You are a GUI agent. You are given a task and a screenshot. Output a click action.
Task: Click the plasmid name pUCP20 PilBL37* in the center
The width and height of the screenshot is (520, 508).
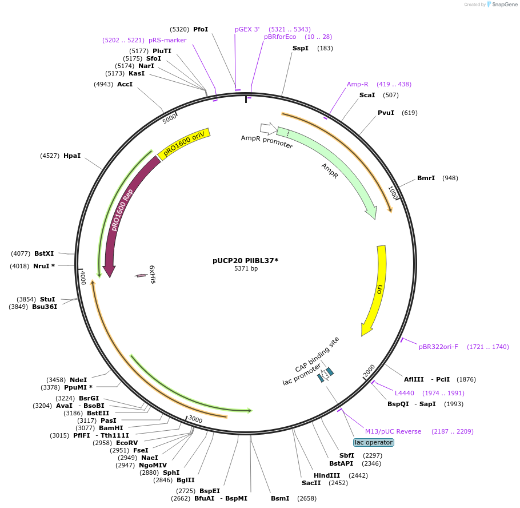point(245,260)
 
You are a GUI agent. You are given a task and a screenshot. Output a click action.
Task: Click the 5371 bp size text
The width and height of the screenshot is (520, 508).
point(246,268)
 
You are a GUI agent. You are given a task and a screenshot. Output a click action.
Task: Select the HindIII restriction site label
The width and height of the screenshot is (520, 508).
point(327,475)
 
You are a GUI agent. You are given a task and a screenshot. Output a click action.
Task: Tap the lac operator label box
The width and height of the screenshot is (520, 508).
point(374,442)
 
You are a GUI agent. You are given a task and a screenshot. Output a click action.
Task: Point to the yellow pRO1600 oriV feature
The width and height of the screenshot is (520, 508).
point(183,144)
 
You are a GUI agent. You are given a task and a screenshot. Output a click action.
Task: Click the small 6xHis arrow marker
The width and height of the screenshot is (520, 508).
point(141,276)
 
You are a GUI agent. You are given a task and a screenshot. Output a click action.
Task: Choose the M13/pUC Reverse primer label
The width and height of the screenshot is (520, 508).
point(393,431)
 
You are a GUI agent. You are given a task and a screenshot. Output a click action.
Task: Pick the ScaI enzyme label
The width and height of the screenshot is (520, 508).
point(367,95)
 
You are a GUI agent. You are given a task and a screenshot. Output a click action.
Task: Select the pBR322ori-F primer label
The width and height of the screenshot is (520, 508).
point(438,347)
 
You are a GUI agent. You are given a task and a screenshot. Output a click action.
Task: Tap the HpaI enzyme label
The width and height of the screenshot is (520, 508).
point(72,156)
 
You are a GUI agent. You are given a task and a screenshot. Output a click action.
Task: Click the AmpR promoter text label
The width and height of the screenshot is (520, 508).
point(267,142)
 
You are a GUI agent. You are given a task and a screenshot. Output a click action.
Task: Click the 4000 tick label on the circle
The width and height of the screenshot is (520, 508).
point(83,278)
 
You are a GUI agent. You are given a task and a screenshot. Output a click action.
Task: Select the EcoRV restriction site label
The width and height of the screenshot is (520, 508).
point(127,443)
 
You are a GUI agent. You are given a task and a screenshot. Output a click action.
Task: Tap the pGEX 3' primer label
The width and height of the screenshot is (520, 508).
point(247,29)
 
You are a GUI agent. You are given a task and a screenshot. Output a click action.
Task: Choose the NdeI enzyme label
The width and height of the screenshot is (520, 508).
point(78,379)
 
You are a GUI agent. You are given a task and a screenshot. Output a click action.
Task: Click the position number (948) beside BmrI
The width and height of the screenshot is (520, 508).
point(450,178)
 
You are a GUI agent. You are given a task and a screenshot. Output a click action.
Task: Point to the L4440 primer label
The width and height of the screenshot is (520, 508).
point(405,393)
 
